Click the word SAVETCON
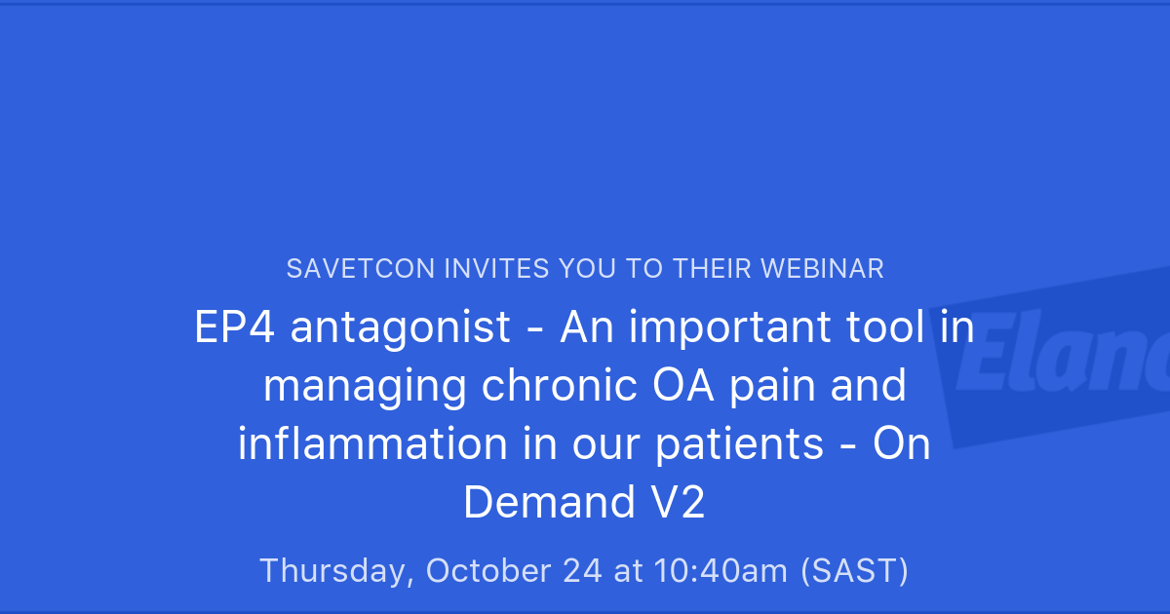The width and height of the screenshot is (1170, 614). click(x=361, y=269)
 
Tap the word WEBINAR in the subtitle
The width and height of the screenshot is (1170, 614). click(x=822, y=269)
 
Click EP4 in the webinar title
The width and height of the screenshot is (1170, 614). click(x=235, y=326)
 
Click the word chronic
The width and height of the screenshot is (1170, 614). click(x=559, y=385)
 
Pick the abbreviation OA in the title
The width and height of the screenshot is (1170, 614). click(x=683, y=386)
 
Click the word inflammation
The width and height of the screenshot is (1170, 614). click(x=372, y=443)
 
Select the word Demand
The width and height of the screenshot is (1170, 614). click(x=549, y=502)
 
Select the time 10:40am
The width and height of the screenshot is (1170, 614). click(x=721, y=570)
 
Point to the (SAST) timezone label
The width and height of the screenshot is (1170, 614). click(x=854, y=571)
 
